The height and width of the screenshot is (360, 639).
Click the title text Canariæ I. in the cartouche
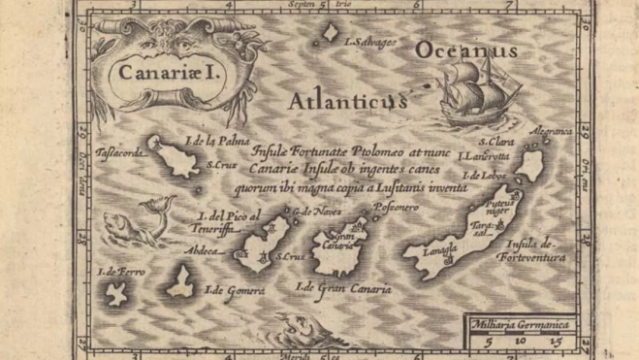155,71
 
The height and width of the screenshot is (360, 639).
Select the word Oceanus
465,49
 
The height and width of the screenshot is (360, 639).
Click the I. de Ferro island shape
118,291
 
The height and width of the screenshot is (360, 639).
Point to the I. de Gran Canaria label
343,287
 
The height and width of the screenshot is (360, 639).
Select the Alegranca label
552,131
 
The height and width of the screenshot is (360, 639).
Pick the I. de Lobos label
488,176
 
